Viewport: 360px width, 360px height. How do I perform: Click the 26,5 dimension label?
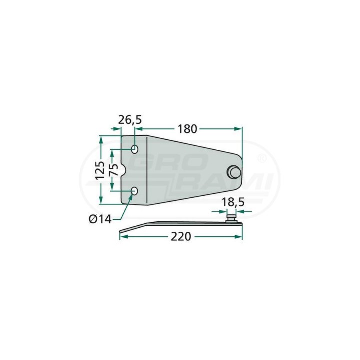[x=130, y=120]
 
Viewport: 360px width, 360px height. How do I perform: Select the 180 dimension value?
[x=187, y=129]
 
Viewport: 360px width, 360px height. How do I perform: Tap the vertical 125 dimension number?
[x=100, y=171]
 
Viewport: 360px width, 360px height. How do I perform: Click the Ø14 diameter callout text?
[x=100, y=219]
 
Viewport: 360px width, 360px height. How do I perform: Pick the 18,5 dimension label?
[x=233, y=203]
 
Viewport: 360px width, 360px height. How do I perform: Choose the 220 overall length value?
[x=181, y=236]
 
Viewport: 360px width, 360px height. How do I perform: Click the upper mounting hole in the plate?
[x=135, y=149]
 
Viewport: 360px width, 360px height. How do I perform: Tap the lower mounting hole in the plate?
[x=134, y=191]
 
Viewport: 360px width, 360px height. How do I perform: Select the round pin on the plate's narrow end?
[x=234, y=172]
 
